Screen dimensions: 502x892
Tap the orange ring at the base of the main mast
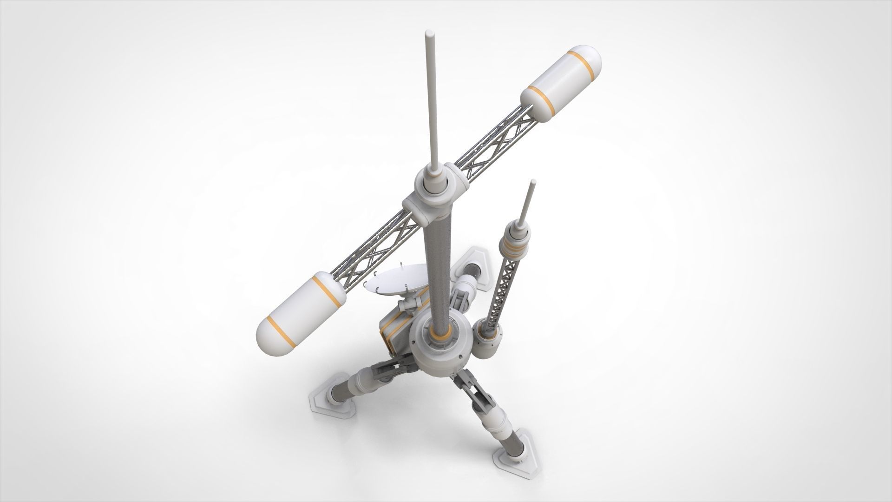click(439, 333)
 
